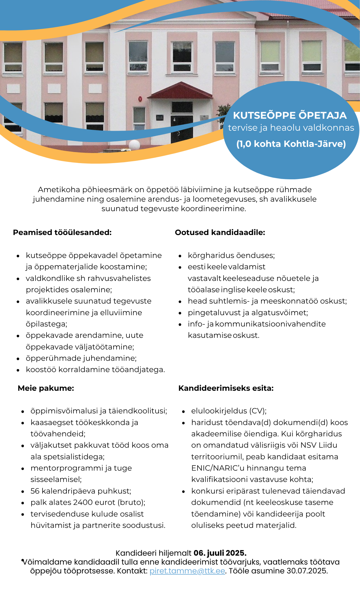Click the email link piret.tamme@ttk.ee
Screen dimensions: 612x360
tap(187, 571)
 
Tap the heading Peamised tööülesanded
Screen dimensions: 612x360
tap(62, 233)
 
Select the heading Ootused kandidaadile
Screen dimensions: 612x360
tap(220, 233)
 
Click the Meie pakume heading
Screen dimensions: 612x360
tap(46, 388)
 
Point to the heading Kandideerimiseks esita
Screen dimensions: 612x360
tap(226, 388)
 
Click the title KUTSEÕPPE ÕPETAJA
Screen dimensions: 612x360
tap(290, 115)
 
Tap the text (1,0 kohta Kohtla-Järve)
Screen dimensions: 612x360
tap(291, 144)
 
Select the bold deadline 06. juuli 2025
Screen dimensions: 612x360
tap(220, 553)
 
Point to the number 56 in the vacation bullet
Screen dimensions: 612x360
tap(35, 491)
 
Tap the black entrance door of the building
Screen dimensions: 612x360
tap(182, 129)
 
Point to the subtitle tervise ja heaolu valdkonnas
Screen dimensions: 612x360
tap(291, 128)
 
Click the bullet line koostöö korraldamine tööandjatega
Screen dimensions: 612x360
tap(95, 370)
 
